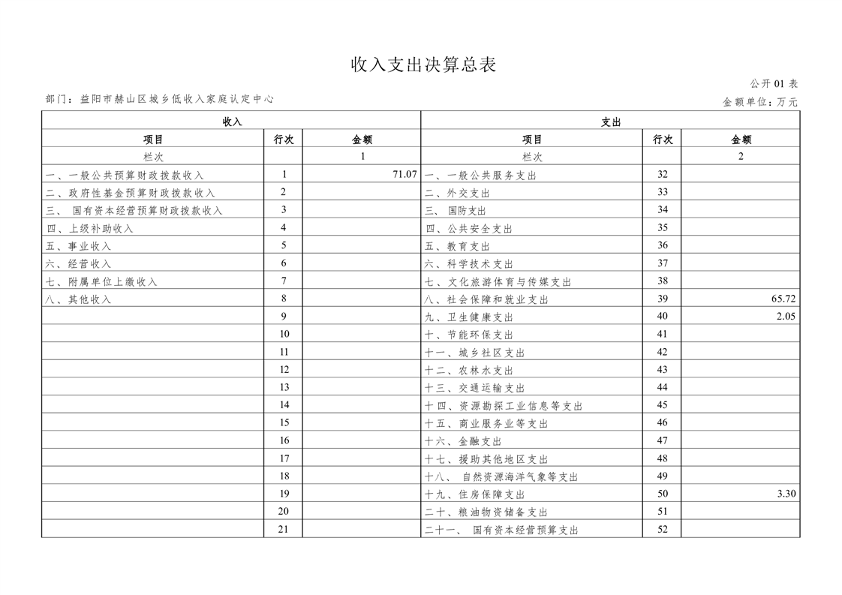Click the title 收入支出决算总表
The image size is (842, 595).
[424, 65]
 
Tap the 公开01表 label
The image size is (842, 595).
[774, 84]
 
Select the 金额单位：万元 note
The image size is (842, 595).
[759, 102]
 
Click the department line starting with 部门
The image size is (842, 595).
[159, 99]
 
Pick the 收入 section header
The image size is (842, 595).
[232, 122]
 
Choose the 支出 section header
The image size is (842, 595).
[610, 122]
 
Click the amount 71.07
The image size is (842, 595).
[404, 175]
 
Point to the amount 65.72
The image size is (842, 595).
[783, 299]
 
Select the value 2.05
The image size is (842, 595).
[786, 317]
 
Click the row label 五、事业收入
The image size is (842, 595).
[78, 246]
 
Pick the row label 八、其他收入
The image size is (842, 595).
[78, 299]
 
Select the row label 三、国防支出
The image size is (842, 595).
[456, 211]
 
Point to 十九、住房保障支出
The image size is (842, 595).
[474, 494]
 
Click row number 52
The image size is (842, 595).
[662, 529]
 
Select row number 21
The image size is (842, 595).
[284, 529]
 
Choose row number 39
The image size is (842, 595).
[662, 299]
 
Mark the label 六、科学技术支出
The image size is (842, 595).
[469, 264]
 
